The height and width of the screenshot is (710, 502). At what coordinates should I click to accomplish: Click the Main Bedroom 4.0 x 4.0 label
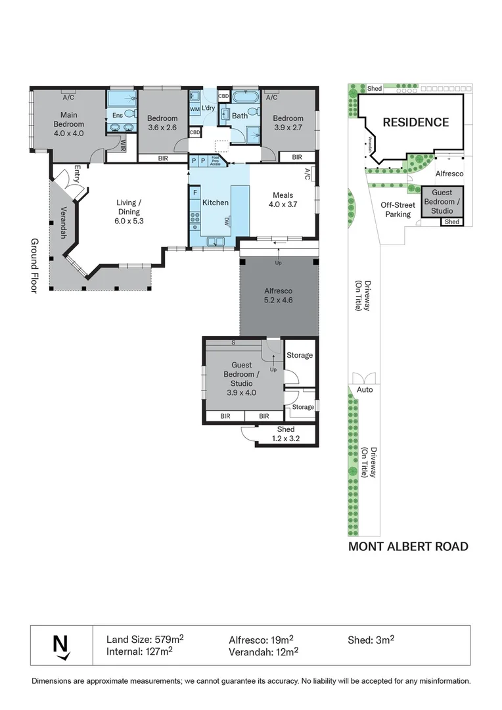point(68,124)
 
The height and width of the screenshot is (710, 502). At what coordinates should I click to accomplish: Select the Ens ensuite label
point(117,115)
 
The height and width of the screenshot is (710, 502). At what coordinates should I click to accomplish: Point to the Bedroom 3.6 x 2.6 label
point(162,123)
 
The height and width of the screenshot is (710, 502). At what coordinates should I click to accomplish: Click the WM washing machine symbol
point(194,108)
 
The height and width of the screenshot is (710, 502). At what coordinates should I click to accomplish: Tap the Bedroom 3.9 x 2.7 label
point(288,123)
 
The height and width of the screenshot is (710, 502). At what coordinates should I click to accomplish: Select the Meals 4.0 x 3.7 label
point(283,200)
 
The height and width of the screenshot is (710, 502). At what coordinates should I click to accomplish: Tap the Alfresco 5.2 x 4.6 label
point(278,295)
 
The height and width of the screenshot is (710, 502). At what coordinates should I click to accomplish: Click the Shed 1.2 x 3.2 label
point(286,434)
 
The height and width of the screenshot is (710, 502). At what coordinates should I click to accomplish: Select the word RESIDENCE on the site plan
point(416,122)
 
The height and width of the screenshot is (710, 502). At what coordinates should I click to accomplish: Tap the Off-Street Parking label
point(398,209)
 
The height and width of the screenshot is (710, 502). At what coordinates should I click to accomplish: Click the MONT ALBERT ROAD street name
point(408,546)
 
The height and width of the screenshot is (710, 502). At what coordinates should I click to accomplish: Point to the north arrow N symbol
point(60,644)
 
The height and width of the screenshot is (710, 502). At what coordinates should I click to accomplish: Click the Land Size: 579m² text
point(145,638)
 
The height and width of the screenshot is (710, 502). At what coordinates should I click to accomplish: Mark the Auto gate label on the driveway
point(365,390)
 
